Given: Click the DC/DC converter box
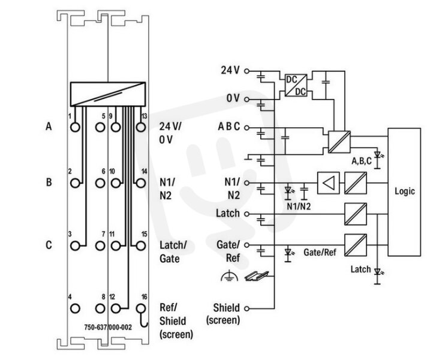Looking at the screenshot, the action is point(296,85).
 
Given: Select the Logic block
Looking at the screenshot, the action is point(404,192).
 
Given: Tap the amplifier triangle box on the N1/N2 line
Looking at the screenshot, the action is point(328,183).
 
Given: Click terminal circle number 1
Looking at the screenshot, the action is point(75,127).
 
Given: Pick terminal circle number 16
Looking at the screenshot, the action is point(141,308).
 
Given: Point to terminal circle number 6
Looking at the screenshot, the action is point(100,183).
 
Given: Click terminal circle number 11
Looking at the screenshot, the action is point(116,245).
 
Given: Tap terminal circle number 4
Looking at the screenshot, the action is point(75,308).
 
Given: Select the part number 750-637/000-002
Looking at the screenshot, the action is point(108,328).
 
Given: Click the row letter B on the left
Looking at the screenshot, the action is point(49,182).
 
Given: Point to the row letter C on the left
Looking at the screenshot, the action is point(49,245).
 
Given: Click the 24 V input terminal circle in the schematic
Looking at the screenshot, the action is point(247,71).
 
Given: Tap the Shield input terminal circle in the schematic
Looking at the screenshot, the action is point(247,308).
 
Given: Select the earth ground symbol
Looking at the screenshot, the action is point(229,276).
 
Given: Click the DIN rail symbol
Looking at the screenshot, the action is point(257,276).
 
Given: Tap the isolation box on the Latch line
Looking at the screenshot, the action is point(356,214).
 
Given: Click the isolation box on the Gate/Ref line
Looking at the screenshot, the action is point(356,245).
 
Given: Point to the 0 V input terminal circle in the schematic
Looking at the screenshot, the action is point(247,100).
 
